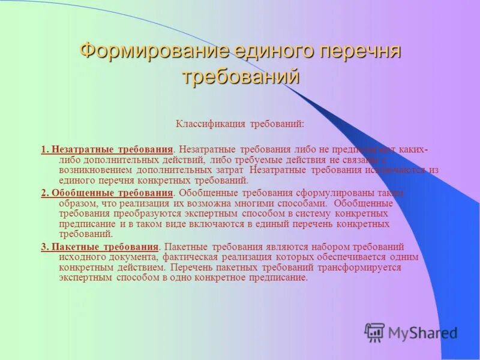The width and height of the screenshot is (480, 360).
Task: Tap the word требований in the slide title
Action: point(240,77)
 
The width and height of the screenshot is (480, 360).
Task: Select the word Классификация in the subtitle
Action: point(205,124)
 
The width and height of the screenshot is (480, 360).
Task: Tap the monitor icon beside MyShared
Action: point(374,332)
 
